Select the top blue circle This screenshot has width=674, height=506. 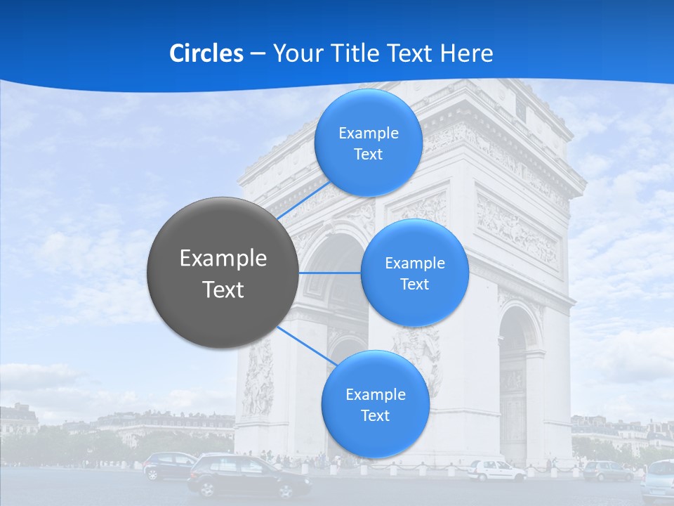(368, 143)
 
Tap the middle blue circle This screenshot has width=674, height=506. (414, 273)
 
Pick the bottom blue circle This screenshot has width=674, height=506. (375, 404)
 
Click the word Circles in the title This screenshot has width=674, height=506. (206, 53)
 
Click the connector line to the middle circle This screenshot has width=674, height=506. (330, 273)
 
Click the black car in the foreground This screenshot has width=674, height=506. (250, 476)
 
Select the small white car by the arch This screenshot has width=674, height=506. (496, 470)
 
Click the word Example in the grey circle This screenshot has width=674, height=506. (223, 259)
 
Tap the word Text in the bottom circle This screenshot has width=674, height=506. (375, 415)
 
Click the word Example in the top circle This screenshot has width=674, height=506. (368, 133)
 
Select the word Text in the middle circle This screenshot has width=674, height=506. (414, 284)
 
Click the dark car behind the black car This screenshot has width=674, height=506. (168, 464)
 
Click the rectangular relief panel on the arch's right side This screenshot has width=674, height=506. (517, 229)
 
